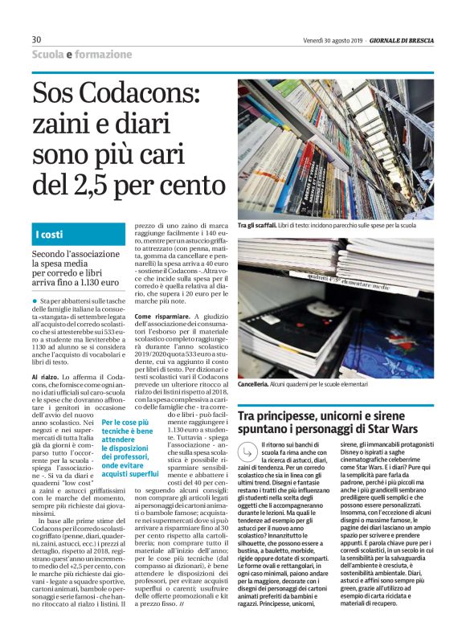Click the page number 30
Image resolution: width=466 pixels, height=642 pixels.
(36, 39)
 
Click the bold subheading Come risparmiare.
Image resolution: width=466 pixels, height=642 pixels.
(161, 317)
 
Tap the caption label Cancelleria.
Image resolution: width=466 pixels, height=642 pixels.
(257, 385)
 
